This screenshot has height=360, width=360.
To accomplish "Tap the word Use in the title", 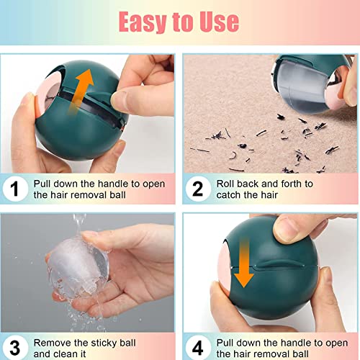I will click(215, 22).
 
